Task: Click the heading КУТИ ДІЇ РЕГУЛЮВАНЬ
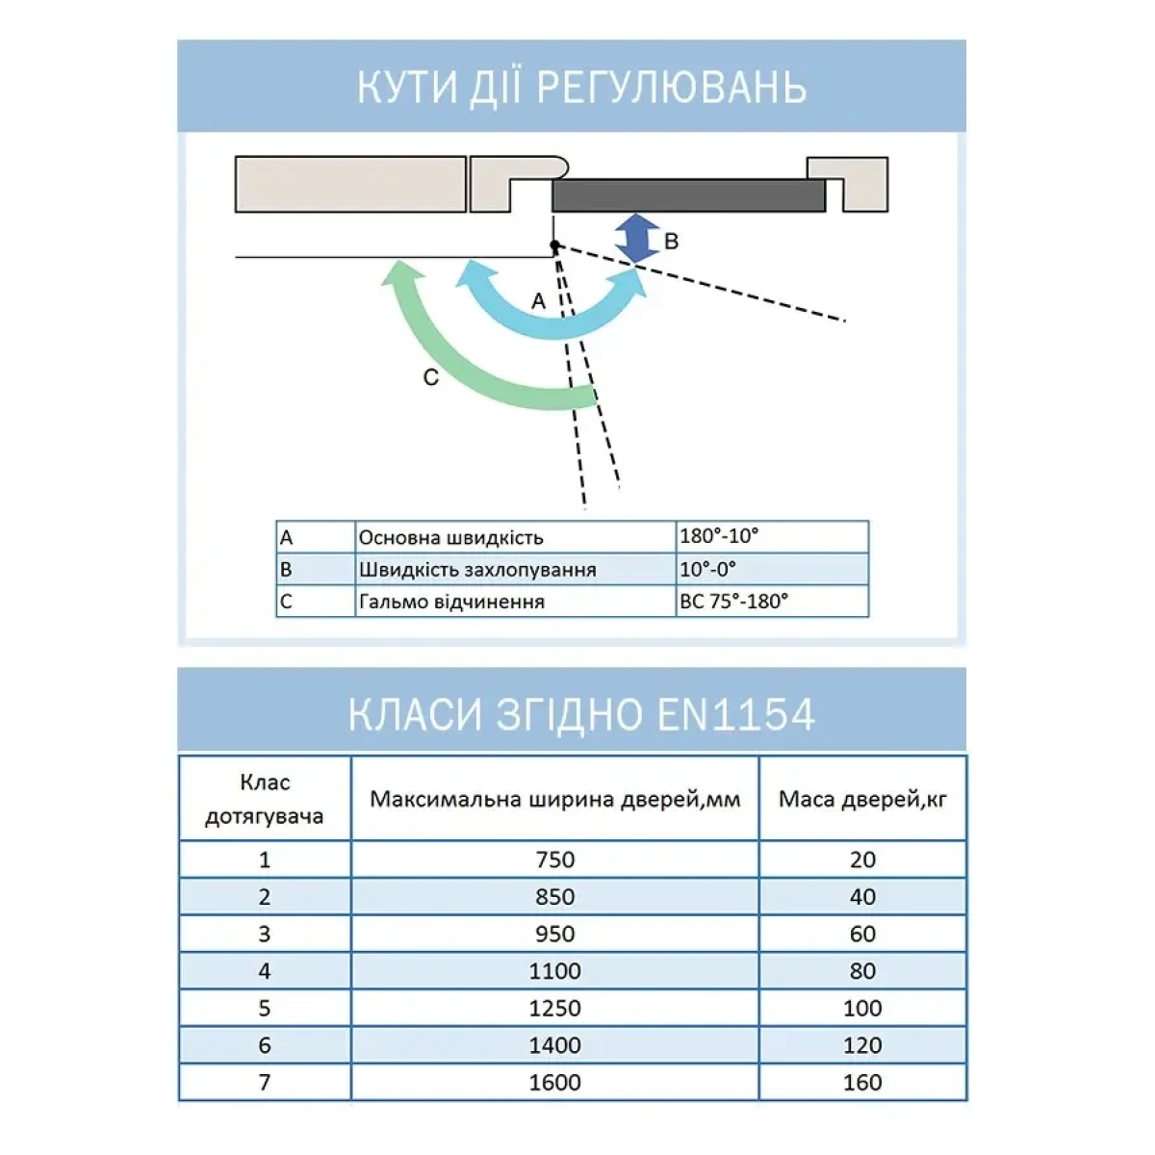point(581,88)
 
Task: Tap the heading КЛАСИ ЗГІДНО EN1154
point(581,714)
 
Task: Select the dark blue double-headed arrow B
point(636,238)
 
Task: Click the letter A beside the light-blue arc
point(538,301)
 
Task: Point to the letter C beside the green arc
point(430,378)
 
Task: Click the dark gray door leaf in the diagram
point(687,195)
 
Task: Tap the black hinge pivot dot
point(554,246)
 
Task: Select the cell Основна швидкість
point(450,537)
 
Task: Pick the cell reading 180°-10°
point(719,536)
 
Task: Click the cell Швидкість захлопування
point(477,569)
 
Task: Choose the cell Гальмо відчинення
point(451,602)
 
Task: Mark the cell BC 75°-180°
point(733,601)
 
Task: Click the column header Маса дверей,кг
point(862,799)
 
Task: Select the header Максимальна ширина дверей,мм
point(555,799)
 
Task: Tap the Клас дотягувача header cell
point(265,799)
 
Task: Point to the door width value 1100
point(555,971)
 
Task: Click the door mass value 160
point(862,1083)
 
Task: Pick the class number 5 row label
point(265,1009)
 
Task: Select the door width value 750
point(555,860)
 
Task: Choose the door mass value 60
point(862,934)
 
